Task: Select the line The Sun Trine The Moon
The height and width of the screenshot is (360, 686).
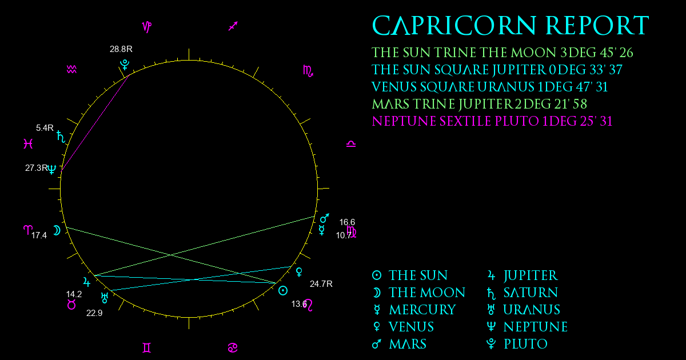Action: (x=502, y=53)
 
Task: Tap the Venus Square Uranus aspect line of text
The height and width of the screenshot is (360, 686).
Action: (x=489, y=87)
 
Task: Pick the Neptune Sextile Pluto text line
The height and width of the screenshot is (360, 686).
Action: (x=492, y=121)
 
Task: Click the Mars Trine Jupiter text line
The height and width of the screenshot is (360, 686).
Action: (x=479, y=104)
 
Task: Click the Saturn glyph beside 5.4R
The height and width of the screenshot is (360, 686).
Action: (x=61, y=137)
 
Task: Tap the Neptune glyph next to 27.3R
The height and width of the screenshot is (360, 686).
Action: (x=52, y=169)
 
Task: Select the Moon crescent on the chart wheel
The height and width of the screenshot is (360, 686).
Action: (x=57, y=230)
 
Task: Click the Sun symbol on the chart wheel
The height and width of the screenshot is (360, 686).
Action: (x=282, y=290)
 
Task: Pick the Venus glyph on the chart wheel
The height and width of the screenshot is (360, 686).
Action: (x=299, y=272)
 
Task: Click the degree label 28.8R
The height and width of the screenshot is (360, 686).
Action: (x=121, y=49)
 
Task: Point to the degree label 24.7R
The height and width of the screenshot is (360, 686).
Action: (x=321, y=284)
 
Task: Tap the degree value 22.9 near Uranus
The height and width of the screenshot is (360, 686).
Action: (x=94, y=313)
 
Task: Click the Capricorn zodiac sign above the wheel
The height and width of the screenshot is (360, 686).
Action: (x=147, y=27)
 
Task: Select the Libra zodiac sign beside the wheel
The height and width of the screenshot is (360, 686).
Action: (x=351, y=143)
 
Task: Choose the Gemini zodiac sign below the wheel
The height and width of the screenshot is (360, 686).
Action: (x=147, y=348)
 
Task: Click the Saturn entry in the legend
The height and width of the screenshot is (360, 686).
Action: (x=523, y=293)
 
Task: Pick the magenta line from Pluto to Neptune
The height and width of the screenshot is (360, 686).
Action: (x=95, y=122)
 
